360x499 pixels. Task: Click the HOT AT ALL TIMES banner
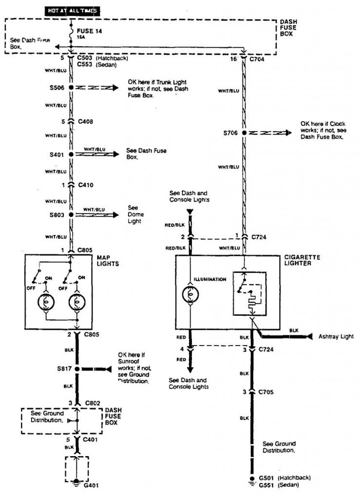[x=72, y=10]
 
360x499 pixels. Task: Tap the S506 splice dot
[x=71, y=88]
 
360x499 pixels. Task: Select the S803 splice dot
[x=71, y=214]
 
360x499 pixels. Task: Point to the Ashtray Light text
[x=336, y=337]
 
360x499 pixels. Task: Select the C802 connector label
[x=92, y=404]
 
